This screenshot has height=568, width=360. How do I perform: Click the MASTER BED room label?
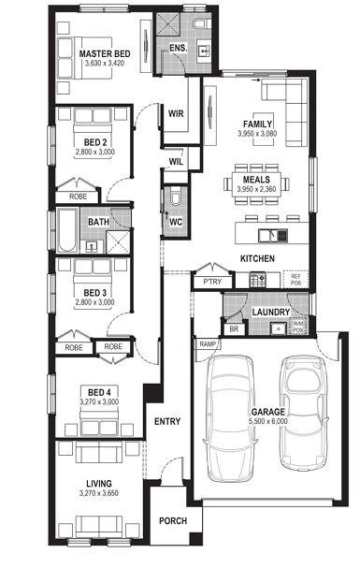pos(105,53)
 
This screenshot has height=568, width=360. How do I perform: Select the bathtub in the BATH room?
pos(67,229)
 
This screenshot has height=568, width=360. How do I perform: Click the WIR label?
pos(176,113)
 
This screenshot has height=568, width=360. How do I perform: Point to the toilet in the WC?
pos(176,197)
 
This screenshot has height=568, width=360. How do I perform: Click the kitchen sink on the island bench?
pos(273,236)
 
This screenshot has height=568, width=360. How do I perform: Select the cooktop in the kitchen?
pos(257,281)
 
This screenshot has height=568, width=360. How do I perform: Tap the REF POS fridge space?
pos(296,279)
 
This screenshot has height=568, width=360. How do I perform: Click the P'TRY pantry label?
pos(212,282)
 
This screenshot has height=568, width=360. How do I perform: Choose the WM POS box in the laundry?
pos(298,328)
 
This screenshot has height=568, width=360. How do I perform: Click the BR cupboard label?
pos(234,329)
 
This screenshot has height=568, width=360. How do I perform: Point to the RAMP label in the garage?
pos(208,344)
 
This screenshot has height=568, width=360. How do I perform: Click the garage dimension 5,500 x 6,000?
pos(268,421)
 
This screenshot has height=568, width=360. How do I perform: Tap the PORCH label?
pos(173,521)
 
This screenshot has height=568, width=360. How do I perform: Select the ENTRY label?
pos(167,421)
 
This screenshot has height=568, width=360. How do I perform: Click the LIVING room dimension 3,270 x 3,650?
pos(99,493)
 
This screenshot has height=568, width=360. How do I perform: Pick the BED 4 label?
pos(99,392)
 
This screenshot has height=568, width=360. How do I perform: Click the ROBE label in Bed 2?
pos(79,197)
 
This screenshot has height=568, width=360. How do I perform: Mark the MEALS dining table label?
pos(256,180)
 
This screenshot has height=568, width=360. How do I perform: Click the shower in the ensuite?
pos(168,24)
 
